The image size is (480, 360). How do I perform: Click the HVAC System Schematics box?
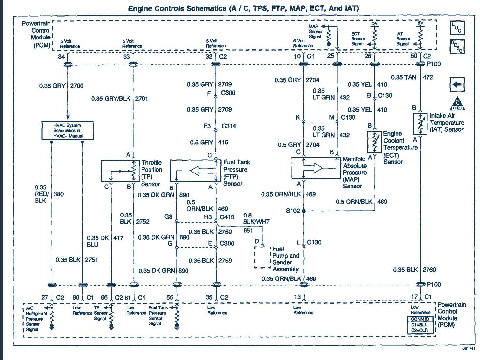click(x=67, y=130)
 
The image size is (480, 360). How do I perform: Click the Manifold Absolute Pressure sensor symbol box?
click(x=315, y=168)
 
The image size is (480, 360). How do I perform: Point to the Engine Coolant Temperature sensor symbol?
click(x=374, y=142)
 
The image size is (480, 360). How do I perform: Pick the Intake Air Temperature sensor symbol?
click(x=420, y=124)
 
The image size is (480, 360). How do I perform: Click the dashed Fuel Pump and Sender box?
click(x=262, y=258)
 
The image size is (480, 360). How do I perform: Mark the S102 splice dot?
click(x=304, y=211)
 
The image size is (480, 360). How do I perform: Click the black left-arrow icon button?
click(x=457, y=85)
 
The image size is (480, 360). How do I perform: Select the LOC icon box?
click(x=457, y=28)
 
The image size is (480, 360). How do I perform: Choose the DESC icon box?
click(x=457, y=47)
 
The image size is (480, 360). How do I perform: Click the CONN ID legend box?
click(x=420, y=325)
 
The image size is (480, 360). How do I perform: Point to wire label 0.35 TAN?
click(x=403, y=77)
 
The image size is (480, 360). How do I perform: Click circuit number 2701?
click(x=142, y=98)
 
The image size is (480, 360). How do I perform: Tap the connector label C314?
click(x=229, y=126)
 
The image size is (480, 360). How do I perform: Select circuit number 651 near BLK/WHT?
click(x=248, y=231)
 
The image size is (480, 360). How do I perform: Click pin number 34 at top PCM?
click(x=61, y=57)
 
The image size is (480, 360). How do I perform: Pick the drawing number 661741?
click(x=469, y=348)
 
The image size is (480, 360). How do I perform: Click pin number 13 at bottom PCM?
click(x=297, y=297)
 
